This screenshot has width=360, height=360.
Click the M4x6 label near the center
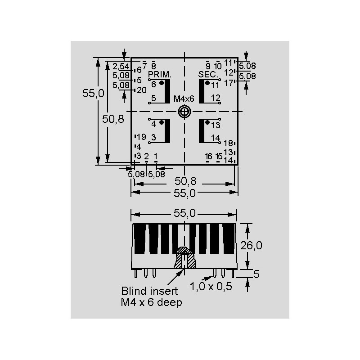184,99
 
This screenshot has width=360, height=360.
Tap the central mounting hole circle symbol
184,112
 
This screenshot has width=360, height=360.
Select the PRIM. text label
160,74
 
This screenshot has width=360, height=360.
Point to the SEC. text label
208,74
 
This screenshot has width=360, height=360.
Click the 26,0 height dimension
251,246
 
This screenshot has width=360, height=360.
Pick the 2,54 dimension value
121,66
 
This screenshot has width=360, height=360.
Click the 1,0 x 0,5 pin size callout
211,287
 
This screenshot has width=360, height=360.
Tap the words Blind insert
149,291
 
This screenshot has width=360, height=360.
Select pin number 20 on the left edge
142,90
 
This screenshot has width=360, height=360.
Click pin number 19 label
141,137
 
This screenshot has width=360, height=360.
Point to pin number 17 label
229,83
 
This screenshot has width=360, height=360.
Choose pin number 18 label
228,143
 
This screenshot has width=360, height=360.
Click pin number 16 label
208,156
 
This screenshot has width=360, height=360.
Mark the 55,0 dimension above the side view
184,213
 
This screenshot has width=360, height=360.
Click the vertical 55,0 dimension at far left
93,93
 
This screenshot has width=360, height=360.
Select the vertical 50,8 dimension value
113,119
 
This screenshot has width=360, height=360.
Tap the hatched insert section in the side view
184,257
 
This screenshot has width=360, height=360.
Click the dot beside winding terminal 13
207,122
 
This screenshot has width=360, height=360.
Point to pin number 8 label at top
153,66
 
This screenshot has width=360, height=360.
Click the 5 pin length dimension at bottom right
256,274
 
